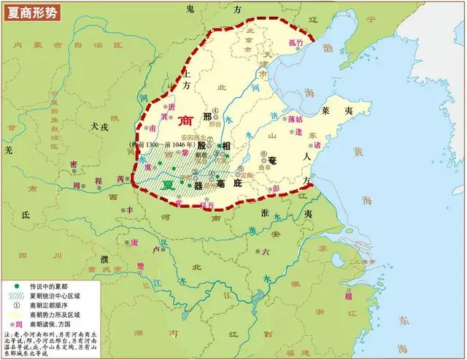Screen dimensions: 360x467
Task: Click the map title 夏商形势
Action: pos(31,12)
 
